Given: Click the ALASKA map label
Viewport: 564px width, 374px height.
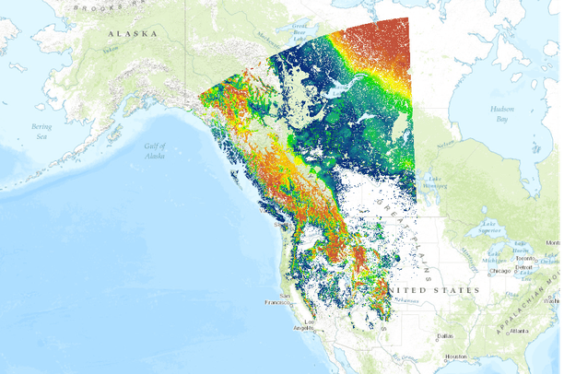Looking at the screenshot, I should (131, 32).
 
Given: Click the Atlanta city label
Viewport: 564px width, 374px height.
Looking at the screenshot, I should (526, 331).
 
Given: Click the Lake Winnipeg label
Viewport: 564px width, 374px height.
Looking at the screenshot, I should (435, 181).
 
